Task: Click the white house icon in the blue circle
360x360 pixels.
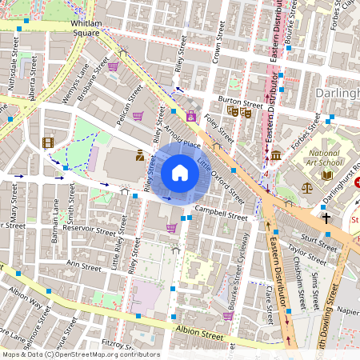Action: click(x=180, y=173)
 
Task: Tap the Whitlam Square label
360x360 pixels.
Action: click(x=86, y=28)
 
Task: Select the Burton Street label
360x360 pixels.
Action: click(x=240, y=102)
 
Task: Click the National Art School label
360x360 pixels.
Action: click(x=324, y=158)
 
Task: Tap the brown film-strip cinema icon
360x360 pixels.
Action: click(x=48, y=142)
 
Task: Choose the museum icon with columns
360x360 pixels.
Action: click(x=276, y=154)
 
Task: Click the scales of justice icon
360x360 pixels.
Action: click(x=307, y=186)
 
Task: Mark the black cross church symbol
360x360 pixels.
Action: click(x=326, y=217)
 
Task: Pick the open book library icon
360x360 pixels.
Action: click(x=326, y=175)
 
